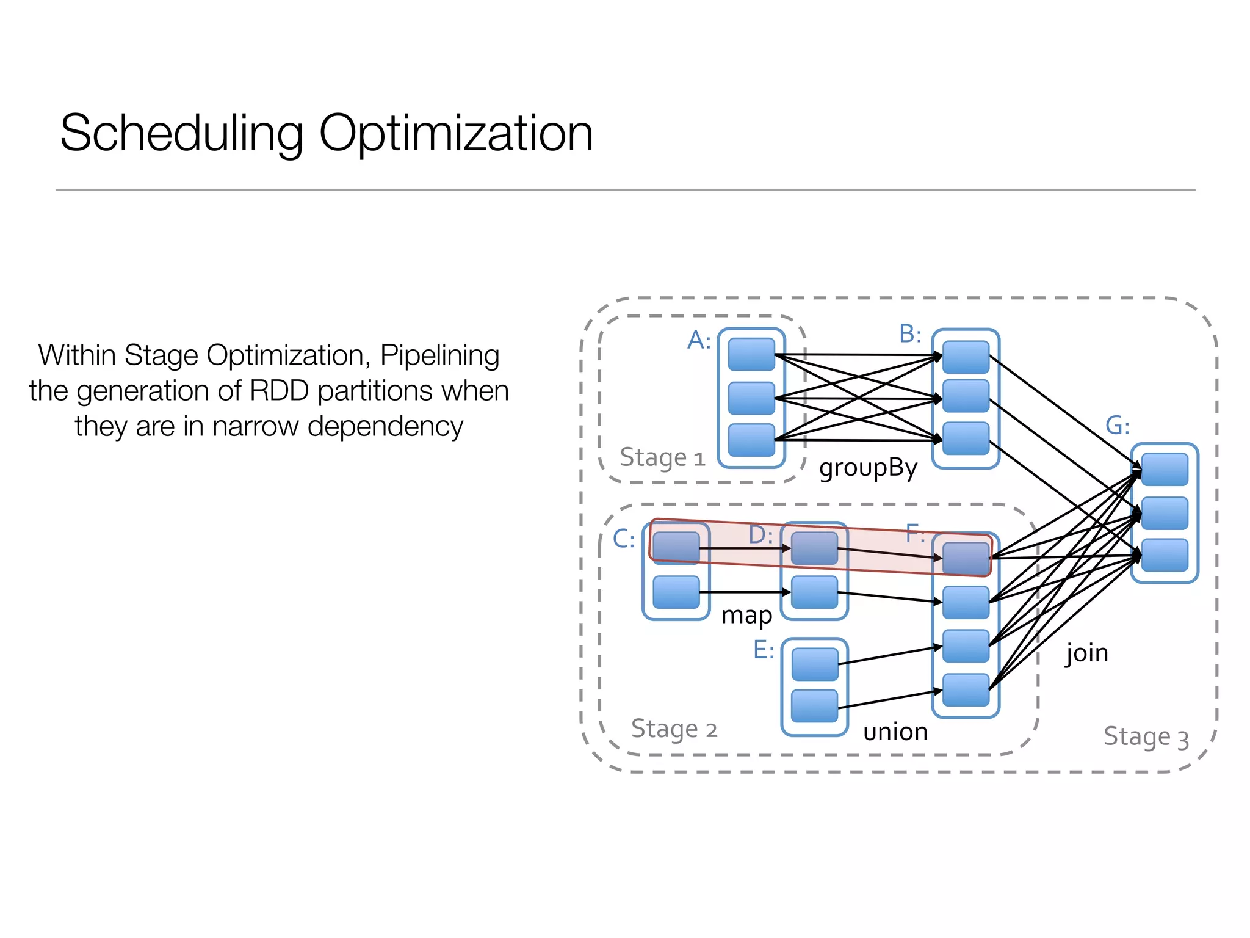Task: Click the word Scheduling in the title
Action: pos(181,134)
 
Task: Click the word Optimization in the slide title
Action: pos(455,134)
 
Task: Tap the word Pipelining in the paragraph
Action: pos(439,355)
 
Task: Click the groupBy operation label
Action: pos(868,468)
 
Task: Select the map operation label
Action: pos(746,616)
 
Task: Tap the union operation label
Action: pos(895,732)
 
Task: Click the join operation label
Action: pos(1086,653)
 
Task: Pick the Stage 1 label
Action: pos(662,457)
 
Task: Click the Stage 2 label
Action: pos(674,729)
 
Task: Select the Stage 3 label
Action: pos(1146,736)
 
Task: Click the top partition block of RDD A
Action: pos(751,355)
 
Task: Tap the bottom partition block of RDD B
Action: pos(966,438)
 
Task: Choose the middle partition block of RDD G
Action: pos(1165,513)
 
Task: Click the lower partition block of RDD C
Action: pos(676,592)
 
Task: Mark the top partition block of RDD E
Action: pos(815,664)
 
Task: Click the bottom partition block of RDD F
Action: pos(966,689)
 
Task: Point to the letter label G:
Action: pos(1118,426)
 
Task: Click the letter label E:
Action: pos(764,650)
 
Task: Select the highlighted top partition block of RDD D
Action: pos(814,548)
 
